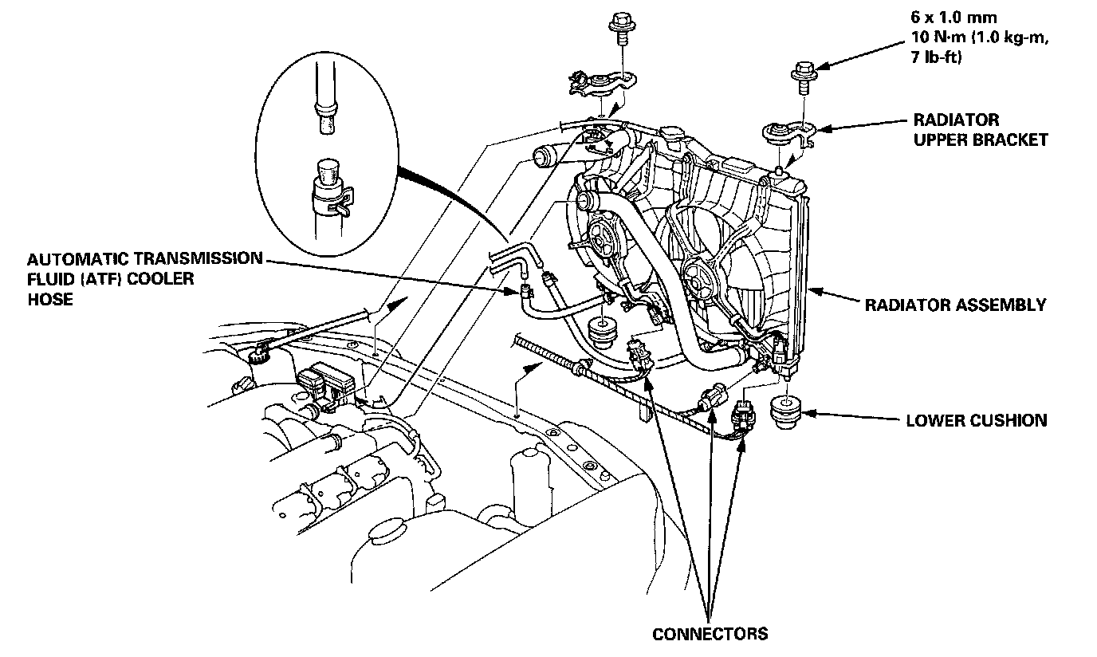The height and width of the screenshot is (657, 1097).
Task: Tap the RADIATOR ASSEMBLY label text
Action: coord(955,305)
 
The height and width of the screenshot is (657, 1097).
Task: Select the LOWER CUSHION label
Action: coord(976,420)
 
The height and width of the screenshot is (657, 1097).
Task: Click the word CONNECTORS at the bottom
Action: coord(710,634)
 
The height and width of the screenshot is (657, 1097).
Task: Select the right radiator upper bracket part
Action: coord(787,136)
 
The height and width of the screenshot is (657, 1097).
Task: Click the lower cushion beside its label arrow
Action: coord(789,413)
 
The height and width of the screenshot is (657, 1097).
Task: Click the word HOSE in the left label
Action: coord(49,299)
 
